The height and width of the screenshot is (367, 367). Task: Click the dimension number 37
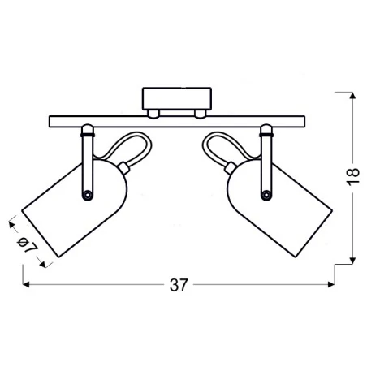tap(179, 285)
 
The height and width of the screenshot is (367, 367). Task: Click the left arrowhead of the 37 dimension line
tap(27, 285)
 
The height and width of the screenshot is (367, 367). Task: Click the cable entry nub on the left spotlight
tap(123, 168)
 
